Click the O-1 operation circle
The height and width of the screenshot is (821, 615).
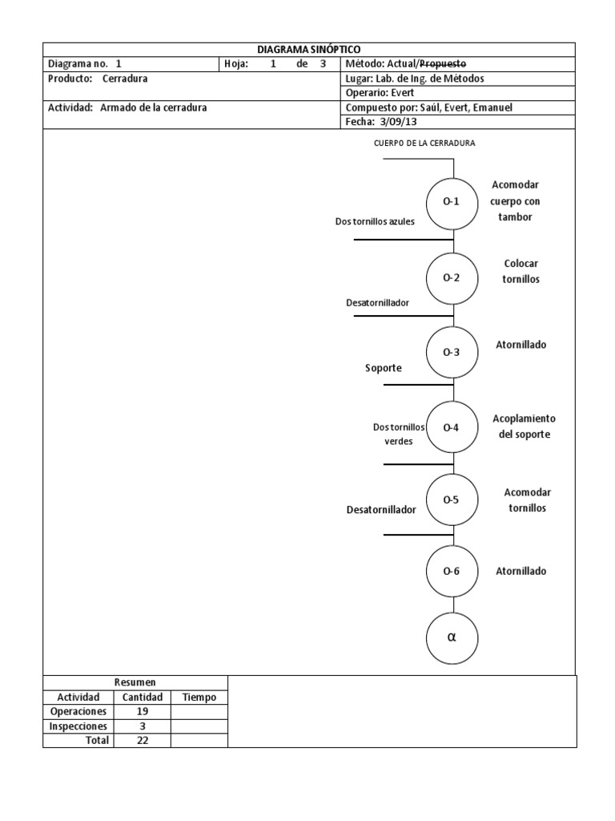point(452,201)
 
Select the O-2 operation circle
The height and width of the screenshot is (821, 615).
point(452,277)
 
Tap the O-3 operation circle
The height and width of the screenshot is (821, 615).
point(452,352)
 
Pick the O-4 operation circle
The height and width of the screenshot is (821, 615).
point(452,427)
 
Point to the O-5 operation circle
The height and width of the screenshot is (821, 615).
point(452,500)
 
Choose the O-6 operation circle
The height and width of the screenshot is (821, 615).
point(452,572)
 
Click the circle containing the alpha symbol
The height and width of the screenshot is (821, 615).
point(452,637)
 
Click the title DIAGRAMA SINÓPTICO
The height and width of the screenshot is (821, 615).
point(308,50)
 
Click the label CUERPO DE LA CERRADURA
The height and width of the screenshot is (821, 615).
point(424,144)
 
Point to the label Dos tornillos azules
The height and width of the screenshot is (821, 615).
point(375,221)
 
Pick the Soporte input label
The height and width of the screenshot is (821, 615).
point(384,368)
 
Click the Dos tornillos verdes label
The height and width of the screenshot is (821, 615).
point(399,435)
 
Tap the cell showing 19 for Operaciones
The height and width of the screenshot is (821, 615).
point(143,712)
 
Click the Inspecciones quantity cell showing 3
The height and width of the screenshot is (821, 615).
point(143,726)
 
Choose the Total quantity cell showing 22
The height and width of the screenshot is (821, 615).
point(143,741)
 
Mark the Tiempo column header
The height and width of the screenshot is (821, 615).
point(199,698)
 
